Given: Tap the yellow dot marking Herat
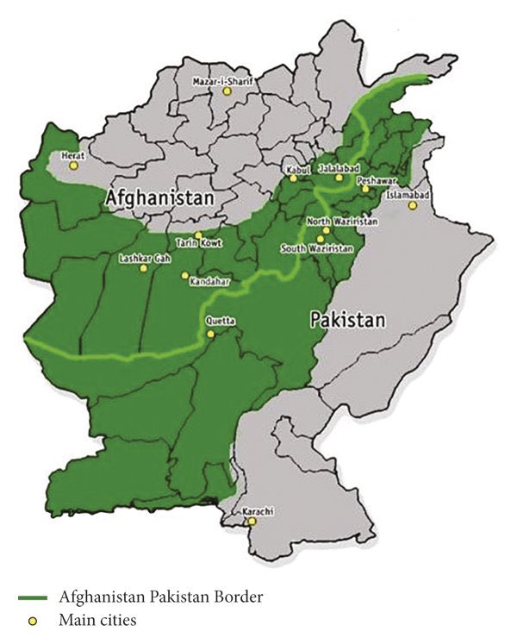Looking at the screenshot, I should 74,164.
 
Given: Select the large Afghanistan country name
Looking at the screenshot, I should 159,198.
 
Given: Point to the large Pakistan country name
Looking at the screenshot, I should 347,321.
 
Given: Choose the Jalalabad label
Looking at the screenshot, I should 338,168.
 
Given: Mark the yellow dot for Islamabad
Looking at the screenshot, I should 413,205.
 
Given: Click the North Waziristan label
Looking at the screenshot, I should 342,222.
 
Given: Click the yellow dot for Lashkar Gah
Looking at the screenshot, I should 144,268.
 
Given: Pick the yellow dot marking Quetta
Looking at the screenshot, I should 210,332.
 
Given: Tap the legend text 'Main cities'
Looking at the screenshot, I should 98,619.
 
